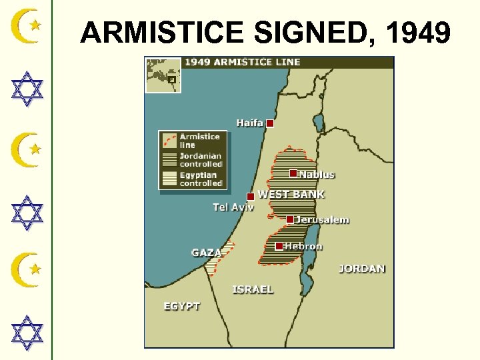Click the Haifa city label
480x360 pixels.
point(249,123)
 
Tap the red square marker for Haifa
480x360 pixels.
point(270,123)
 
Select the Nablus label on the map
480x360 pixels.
point(317,175)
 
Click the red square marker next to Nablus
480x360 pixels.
point(293,173)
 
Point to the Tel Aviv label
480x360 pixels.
point(233,207)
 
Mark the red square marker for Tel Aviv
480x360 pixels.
point(251,197)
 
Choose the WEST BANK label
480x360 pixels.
point(291,195)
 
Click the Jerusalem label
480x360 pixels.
point(322,220)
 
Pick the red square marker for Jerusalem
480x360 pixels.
point(290,219)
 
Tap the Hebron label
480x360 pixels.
point(303,246)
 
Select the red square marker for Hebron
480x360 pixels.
point(279,246)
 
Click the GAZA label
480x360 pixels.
point(206,253)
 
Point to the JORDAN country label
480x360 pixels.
point(362,269)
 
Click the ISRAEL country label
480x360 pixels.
point(253,289)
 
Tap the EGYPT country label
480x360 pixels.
point(182,306)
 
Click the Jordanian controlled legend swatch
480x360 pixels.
point(170,160)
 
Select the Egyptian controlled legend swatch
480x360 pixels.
point(170,179)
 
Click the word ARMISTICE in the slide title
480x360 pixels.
point(165,32)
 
